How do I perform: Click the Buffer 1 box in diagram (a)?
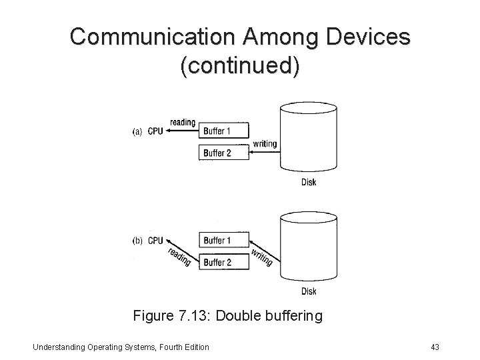click(223, 131)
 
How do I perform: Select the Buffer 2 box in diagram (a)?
click(223, 153)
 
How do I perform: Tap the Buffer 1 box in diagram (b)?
click(223, 240)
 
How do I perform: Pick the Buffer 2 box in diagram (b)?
click(223, 262)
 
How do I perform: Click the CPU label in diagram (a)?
click(155, 131)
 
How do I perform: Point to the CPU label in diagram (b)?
click(155, 241)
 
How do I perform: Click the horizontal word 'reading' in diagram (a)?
click(183, 122)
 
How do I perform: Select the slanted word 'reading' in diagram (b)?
click(179, 257)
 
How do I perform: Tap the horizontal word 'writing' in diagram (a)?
click(265, 145)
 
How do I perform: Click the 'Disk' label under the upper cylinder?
click(309, 183)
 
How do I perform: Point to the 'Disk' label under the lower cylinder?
click(309, 291)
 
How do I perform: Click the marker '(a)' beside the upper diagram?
click(137, 131)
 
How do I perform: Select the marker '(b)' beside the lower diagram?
click(137, 241)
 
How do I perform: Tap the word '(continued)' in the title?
click(240, 67)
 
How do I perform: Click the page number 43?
click(436, 346)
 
